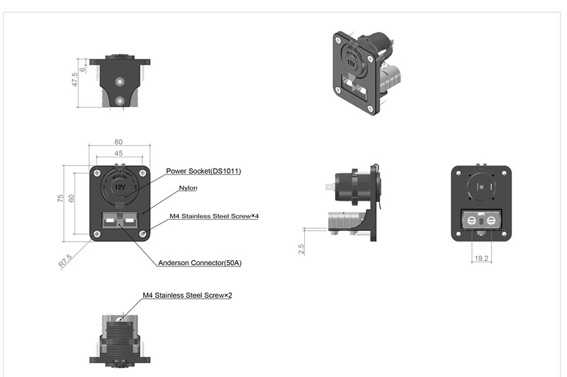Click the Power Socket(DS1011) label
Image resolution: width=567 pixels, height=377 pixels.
(203, 171)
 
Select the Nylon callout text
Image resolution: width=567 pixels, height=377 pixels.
(188, 188)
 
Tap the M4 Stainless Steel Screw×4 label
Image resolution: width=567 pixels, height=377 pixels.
(213, 216)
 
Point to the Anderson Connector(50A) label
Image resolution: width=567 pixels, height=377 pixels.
(201, 263)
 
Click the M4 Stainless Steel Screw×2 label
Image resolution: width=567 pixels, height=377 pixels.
(187, 295)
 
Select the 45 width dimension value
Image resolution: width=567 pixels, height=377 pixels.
(118, 154)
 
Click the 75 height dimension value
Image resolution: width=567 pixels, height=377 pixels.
(60, 198)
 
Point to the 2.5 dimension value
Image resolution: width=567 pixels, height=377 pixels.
(301, 249)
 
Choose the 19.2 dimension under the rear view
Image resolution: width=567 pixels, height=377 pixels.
(481, 259)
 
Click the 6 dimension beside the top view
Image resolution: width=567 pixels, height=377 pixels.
(83, 69)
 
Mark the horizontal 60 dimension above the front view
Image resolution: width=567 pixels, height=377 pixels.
(118, 142)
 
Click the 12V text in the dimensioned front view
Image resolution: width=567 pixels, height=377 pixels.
(120, 187)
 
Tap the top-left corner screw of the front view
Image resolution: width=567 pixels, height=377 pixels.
(95, 171)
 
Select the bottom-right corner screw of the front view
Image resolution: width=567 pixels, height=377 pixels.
(144, 234)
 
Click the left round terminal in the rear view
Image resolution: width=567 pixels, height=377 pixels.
(472, 222)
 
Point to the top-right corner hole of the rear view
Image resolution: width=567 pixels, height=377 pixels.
(505, 173)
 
